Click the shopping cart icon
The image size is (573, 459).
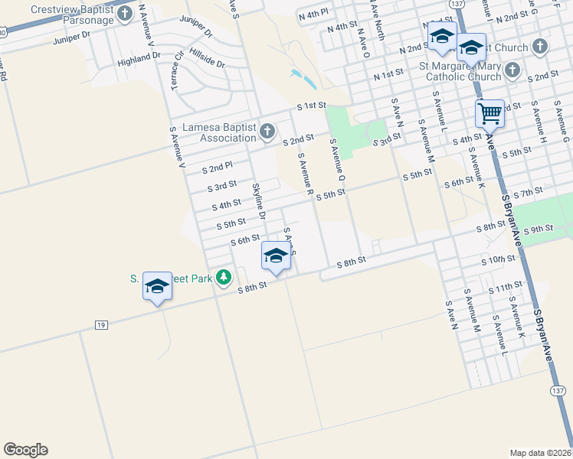(490, 114)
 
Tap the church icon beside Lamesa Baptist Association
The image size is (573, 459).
(267, 132)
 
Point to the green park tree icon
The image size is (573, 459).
(224, 277)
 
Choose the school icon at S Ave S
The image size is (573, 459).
(276, 256)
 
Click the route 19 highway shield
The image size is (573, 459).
(101, 325)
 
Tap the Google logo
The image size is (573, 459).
(25, 450)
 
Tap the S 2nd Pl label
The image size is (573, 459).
(217, 166)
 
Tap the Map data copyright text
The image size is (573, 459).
(541, 452)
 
